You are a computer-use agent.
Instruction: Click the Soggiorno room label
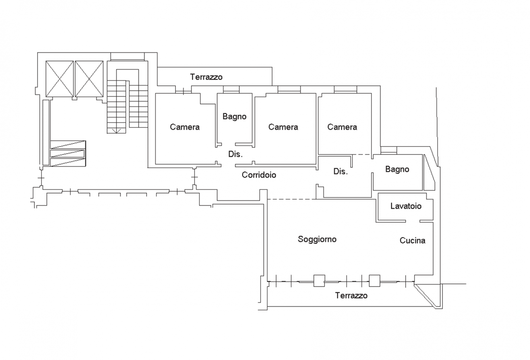pyautogui.click(x=317, y=239)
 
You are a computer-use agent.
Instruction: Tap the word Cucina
pyautogui.click(x=412, y=240)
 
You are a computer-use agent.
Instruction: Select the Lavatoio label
pyautogui.click(x=406, y=206)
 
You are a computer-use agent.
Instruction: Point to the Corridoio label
pyautogui.click(x=259, y=175)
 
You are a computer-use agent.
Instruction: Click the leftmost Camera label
pyautogui.click(x=185, y=127)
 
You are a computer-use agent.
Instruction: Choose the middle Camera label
pyautogui.click(x=283, y=127)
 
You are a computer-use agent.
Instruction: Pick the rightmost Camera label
pyautogui.click(x=342, y=127)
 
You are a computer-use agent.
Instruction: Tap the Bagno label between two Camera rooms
pyautogui.click(x=234, y=117)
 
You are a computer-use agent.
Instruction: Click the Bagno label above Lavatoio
pyautogui.click(x=397, y=169)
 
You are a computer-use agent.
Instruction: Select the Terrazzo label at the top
pyautogui.click(x=206, y=77)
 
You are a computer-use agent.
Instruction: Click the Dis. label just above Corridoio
pyautogui.click(x=236, y=154)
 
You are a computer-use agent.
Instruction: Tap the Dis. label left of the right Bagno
pyautogui.click(x=340, y=172)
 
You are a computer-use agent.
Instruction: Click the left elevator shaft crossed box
pyautogui.click(x=59, y=79)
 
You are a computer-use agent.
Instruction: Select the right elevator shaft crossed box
pyautogui.click(x=89, y=79)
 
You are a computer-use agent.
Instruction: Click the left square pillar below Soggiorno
pyautogui.click(x=319, y=281)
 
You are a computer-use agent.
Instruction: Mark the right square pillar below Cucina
pyautogui.click(x=375, y=281)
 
